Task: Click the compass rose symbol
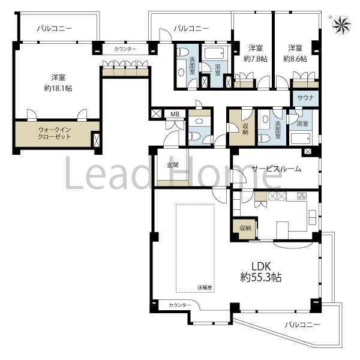pos(342,25)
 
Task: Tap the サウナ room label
pos(305,98)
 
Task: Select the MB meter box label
pos(175,114)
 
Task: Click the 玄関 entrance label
pos(173,164)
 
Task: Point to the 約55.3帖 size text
pos(261,278)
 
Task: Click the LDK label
pos(261,266)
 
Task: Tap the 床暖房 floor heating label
pos(205,287)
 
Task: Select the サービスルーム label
pos(277,169)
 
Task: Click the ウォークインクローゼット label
pos(55,133)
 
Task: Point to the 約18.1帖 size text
pos(58,88)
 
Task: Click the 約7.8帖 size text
pos(256,59)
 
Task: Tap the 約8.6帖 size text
pos(295,59)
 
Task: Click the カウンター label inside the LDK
pos(180,305)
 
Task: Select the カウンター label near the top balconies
pos(125,49)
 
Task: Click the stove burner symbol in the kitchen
pos(302,196)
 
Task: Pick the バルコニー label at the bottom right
pos(302,325)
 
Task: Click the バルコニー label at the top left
pos(55,29)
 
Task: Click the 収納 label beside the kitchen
pos(245,228)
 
